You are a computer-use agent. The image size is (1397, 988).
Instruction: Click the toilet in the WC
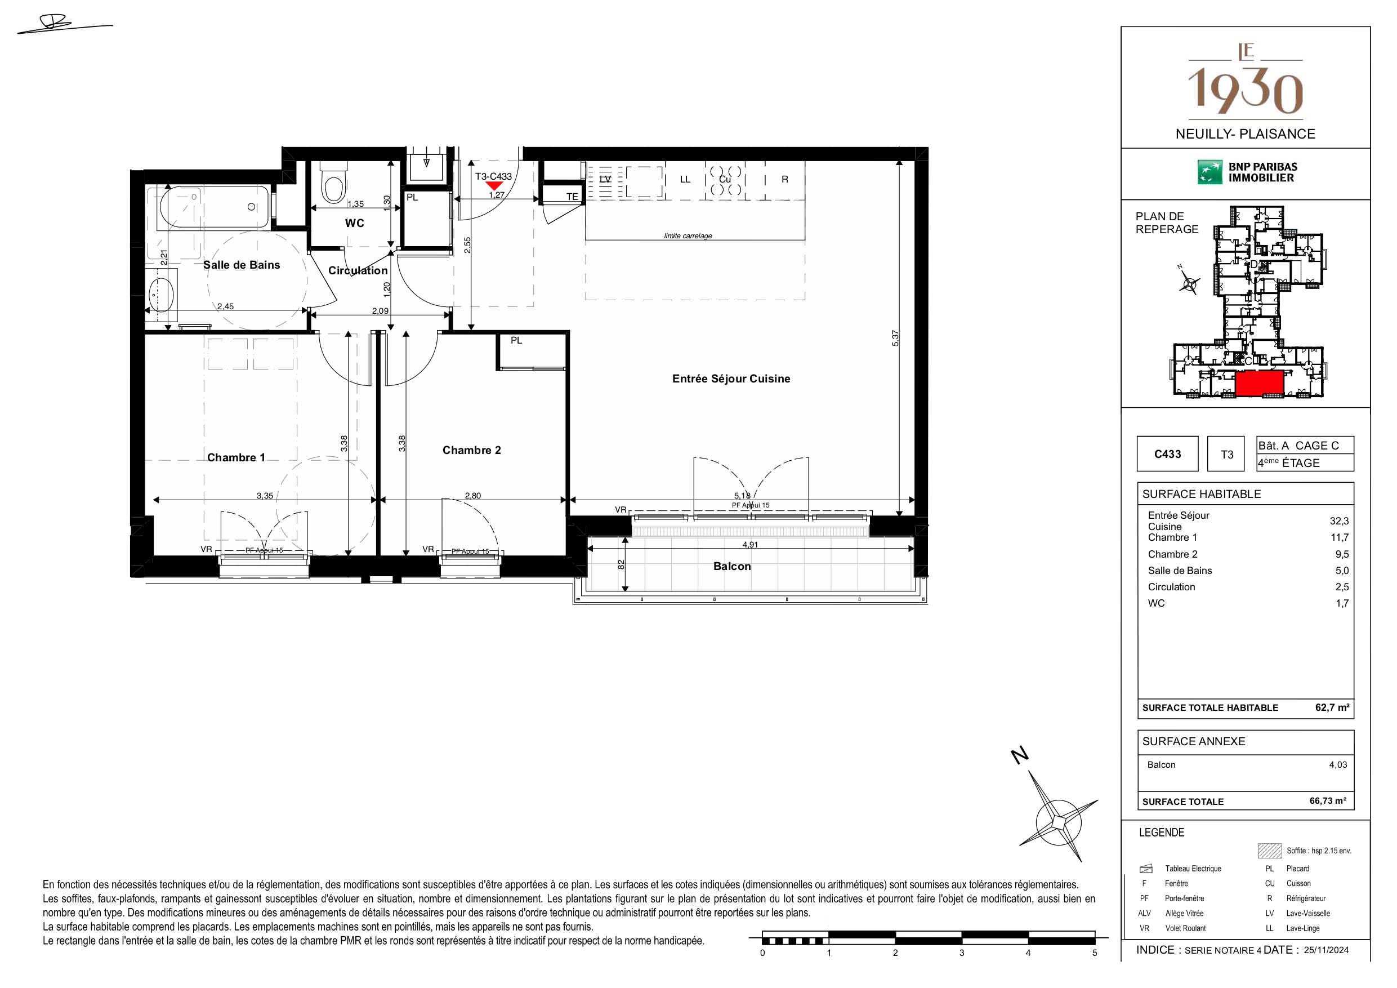tap(333, 182)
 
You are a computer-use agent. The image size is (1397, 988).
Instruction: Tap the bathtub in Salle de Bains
tap(214, 207)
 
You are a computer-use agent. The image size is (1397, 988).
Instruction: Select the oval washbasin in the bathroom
tap(161, 295)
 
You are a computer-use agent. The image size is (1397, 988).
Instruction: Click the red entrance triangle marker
tap(494, 186)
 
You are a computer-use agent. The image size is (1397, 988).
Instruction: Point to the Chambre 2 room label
tap(471, 451)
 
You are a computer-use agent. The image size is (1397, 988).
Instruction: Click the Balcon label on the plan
tap(732, 566)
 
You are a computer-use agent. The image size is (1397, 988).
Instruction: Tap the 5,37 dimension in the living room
tap(895, 339)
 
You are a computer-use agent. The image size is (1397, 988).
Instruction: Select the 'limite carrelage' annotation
tap(688, 236)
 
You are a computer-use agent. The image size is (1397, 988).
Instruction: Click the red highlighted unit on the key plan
tap(1259, 384)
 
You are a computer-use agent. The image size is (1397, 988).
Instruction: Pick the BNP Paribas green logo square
tap(1209, 172)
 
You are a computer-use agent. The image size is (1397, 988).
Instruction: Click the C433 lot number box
tap(1167, 454)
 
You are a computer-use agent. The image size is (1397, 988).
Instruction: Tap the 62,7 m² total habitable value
tap(1332, 707)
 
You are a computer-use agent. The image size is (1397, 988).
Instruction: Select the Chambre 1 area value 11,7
tap(1339, 537)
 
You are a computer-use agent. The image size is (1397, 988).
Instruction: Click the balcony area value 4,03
tap(1338, 764)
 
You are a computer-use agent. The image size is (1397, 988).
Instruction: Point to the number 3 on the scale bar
tap(962, 953)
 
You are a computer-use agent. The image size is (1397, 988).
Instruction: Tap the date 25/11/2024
tap(1327, 950)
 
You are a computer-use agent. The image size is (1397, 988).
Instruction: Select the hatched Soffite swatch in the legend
tap(1269, 851)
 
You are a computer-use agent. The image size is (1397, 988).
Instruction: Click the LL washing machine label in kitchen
tap(685, 180)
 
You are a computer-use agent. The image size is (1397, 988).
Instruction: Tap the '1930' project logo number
tap(1246, 91)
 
